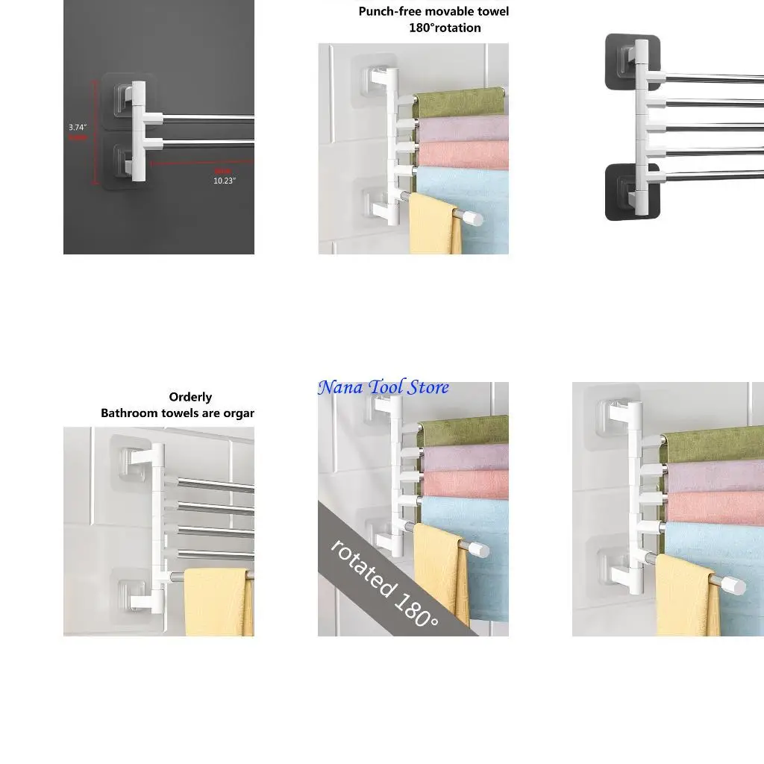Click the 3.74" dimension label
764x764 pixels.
click(78, 128)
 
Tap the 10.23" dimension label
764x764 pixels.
click(225, 181)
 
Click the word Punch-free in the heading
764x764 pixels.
click(390, 11)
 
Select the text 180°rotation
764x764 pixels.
click(445, 28)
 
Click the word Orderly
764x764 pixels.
click(190, 397)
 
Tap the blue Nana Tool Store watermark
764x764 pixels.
click(383, 387)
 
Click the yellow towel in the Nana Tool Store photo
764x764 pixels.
click(440, 574)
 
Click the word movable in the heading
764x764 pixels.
click(450, 11)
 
